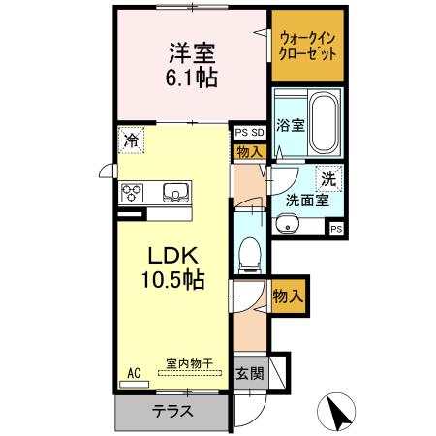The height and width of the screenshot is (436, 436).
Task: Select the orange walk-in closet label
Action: coord(307,47)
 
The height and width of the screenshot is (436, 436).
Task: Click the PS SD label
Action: coord(249,133)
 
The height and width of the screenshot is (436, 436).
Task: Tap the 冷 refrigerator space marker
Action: coord(131,139)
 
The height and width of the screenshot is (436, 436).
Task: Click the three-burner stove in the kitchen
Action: coord(133,191)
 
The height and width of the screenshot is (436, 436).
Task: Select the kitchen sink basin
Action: coord(175,190)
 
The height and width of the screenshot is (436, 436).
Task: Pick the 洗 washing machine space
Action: coord(329,178)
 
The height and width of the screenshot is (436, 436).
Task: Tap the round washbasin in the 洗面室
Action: coord(287,226)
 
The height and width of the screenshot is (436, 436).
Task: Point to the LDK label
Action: coord(172,256)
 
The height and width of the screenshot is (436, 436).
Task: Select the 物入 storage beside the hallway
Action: coord(287,295)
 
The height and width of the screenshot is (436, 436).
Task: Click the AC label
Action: coord(134,371)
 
